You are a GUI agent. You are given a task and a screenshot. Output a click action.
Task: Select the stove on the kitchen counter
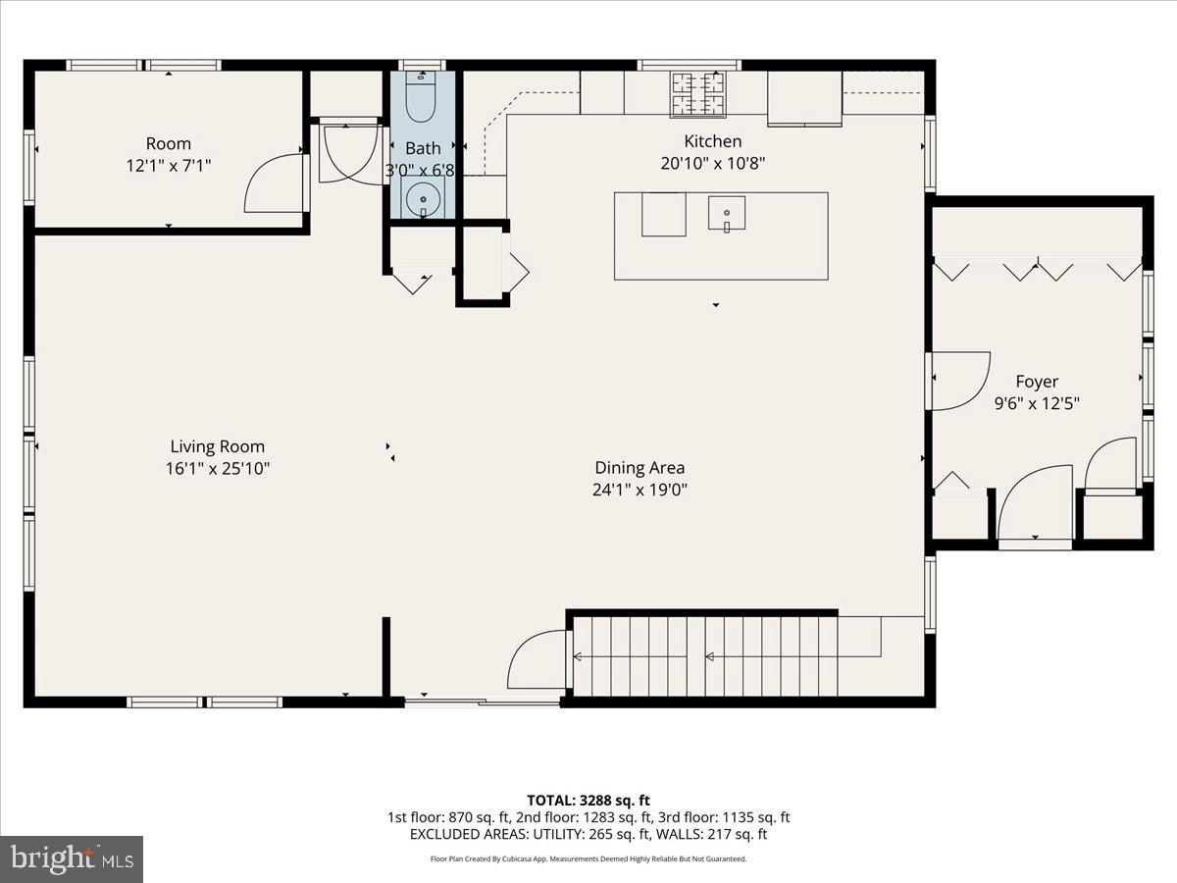697,92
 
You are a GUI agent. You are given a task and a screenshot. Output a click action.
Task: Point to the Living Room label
217,447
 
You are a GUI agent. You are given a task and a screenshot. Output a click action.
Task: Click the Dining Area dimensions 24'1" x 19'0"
640,490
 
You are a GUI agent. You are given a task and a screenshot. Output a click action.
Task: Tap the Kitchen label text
712,141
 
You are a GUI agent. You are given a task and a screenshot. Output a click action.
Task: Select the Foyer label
1037,382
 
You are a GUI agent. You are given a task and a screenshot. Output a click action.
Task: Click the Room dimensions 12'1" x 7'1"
169,166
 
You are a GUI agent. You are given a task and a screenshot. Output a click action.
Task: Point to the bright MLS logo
72,859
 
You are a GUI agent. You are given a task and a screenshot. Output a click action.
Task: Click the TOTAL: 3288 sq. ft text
588,799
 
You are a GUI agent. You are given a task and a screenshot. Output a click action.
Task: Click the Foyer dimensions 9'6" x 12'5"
1037,402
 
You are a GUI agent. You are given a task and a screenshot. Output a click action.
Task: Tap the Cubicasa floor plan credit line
588,858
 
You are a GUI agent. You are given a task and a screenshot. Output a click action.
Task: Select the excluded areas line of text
588,835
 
